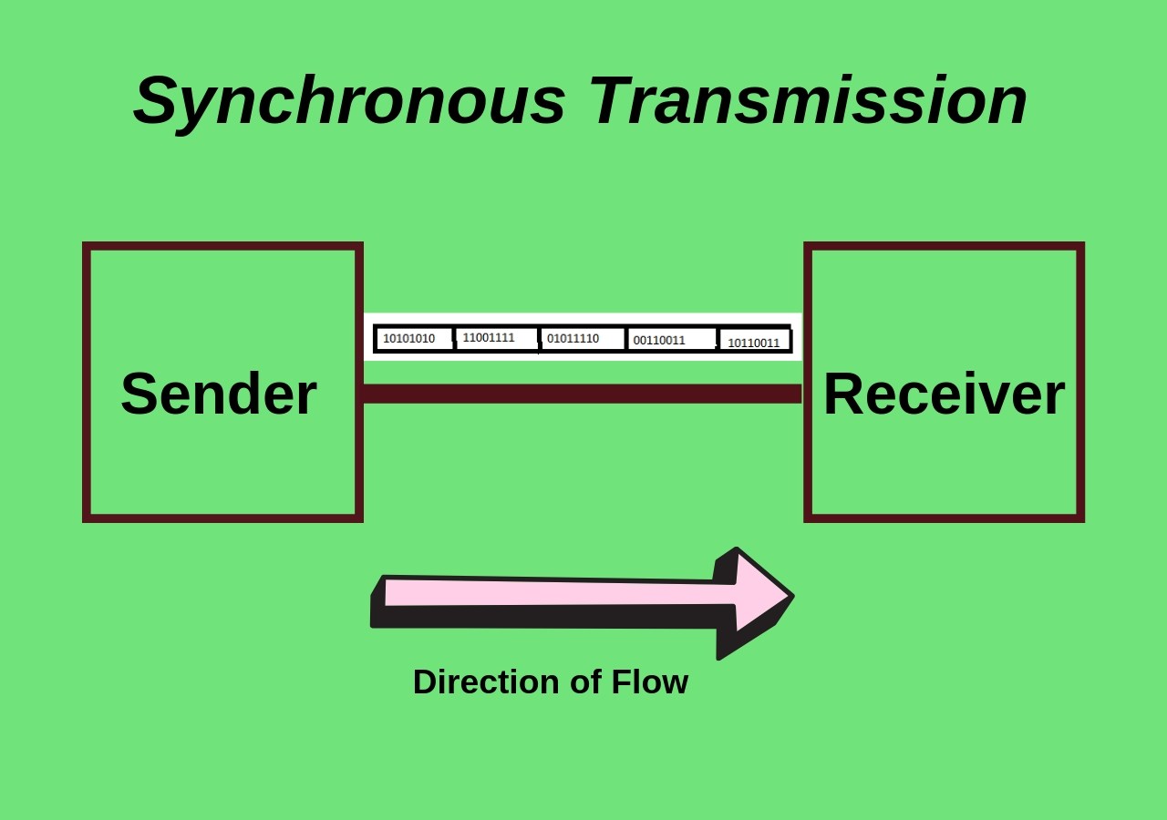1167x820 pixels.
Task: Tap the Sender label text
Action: tap(219, 394)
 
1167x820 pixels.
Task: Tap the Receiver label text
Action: tap(944, 394)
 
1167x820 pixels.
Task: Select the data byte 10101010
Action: tap(408, 339)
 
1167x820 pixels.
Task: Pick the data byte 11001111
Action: tap(489, 338)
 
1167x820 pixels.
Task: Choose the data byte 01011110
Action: tap(573, 339)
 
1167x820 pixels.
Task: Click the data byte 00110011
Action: tap(659, 341)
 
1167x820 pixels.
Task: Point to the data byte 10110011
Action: tap(753, 343)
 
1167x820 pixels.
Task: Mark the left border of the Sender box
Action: tap(87, 383)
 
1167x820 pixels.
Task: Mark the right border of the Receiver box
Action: tap(1080, 383)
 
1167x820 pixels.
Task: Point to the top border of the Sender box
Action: tap(222, 246)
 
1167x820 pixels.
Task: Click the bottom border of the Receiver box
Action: tap(944, 518)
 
